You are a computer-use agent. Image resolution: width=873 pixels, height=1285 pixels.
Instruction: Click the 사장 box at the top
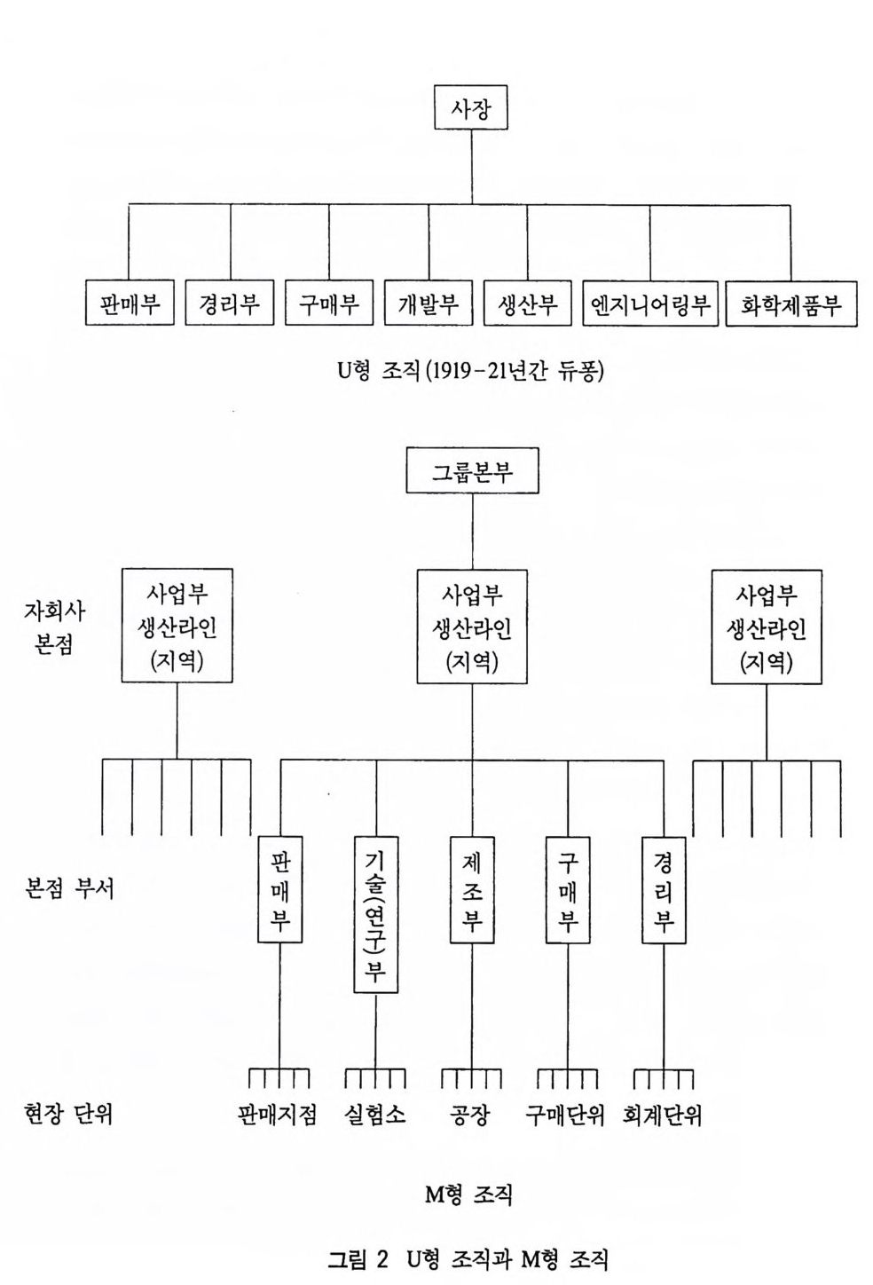[471, 107]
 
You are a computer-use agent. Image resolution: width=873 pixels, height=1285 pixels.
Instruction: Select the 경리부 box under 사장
[230, 304]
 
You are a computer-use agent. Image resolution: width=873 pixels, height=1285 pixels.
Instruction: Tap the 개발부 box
[429, 304]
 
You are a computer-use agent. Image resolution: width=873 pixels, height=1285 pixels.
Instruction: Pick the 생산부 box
[528, 304]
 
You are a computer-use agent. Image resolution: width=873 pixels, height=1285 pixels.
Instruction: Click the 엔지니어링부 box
[650, 304]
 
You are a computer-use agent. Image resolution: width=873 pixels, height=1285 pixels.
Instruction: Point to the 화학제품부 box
[790, 304]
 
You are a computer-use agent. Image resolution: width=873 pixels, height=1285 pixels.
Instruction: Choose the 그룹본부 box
[472, 470]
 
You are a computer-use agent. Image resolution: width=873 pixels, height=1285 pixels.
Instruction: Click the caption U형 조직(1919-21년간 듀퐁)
[471, 369]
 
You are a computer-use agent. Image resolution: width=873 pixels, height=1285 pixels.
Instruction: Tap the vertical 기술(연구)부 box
[375, 914]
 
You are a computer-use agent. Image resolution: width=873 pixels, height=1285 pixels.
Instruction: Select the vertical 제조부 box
[472, 889]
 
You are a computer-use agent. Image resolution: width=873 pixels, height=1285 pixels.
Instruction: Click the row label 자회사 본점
[54, 627]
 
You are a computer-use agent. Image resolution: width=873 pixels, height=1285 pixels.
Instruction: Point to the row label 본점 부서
[70, 888]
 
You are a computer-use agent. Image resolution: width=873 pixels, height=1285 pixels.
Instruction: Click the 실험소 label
[374, 1115]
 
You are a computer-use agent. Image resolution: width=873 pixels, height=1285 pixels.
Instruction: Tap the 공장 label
[470, 1115]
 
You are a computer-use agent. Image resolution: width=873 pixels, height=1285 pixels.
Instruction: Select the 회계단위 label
[663, 1115]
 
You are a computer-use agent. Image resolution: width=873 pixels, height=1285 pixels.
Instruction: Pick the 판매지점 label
[278, 1115]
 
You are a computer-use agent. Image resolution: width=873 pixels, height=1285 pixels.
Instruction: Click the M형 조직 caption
[469, 1194]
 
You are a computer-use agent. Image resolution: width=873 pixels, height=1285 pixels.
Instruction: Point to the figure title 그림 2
[358, 1258]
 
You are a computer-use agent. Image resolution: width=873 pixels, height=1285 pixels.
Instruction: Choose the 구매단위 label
[565, 1115]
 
